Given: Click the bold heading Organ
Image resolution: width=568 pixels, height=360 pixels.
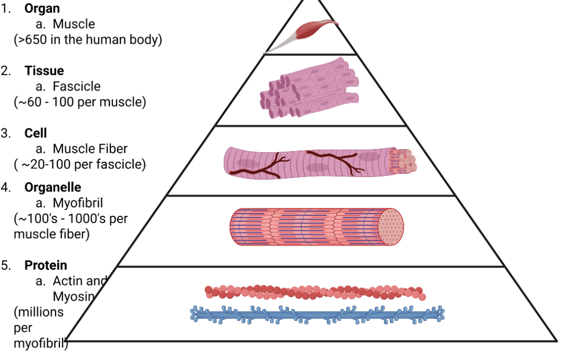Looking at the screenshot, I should (42, 8).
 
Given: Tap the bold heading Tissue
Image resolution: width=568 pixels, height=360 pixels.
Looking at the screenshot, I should (44, 71).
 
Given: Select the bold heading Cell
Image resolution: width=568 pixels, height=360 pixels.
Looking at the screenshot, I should (36, 133).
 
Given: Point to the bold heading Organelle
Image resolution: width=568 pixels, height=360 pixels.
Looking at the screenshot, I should (53, 187).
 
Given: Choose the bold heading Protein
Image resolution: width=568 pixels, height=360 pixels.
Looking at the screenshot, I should (46, 265).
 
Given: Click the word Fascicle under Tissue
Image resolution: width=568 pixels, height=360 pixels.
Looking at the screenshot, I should (76, 86).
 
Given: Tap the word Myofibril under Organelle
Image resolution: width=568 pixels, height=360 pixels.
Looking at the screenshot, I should (77, 203).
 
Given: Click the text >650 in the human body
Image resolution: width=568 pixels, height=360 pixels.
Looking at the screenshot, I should (88, 40).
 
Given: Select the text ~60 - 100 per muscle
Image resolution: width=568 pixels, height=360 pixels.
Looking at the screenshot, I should (80, 102).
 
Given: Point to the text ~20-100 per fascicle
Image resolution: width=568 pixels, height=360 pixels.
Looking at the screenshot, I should (80, 164).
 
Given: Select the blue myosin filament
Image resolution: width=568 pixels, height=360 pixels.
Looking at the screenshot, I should (317, 314).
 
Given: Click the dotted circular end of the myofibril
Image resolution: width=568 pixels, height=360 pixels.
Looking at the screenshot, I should (390, 227).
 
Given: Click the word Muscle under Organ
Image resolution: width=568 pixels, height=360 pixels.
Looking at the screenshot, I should (74, 24).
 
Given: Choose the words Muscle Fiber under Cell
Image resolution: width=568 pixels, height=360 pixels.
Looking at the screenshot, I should (90, 149).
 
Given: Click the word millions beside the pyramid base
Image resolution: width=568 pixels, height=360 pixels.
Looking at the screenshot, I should (38, 312).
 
